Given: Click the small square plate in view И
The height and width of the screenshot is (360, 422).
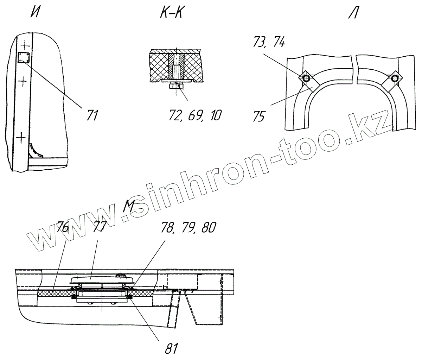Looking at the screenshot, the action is point(24,57).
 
